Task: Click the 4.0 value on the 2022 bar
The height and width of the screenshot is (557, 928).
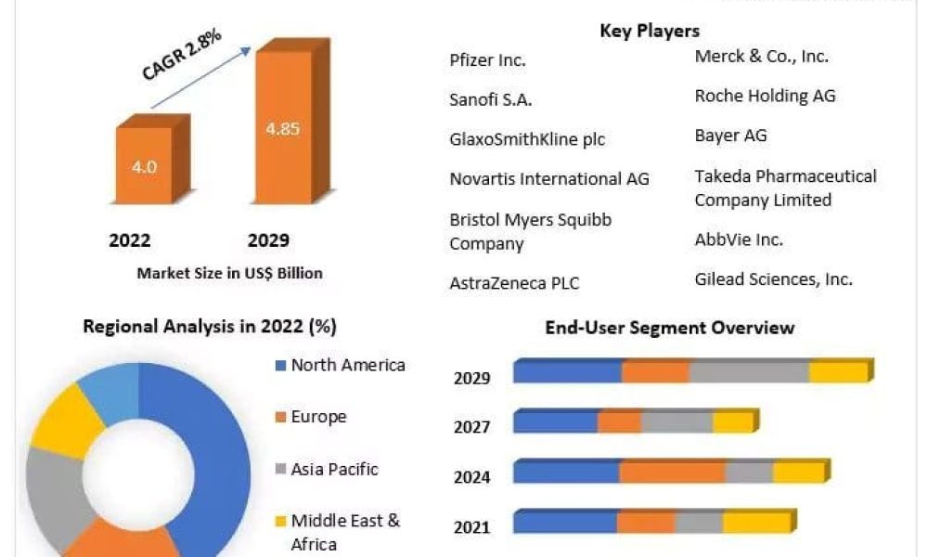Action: tap(145, 167)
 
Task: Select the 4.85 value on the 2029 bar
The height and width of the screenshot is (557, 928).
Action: tap(283, 128)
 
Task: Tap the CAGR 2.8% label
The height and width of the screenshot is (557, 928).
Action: tap(182, 54)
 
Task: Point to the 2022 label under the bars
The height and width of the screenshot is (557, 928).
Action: tap(130, 240)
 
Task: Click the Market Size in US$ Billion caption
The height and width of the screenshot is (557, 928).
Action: tap(229, 273)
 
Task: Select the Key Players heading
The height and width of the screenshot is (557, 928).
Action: tap(650, 31)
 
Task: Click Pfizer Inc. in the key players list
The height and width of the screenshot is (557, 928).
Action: tap(487, 59)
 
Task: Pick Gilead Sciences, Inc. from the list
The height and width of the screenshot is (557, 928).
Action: tap(774, 278)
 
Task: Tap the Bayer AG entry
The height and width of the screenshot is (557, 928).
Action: tap(730, 136)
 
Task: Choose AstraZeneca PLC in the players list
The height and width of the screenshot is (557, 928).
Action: tap(514, 283)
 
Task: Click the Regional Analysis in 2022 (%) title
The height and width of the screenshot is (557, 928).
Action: tap(210, 326)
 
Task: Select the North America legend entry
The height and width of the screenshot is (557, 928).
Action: tap(341, 365)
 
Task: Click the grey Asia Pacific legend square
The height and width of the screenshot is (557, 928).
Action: tap(280, 469)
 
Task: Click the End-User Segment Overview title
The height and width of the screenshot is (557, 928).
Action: tap(669, 328)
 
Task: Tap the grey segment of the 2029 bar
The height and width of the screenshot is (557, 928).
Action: tap(749, 371)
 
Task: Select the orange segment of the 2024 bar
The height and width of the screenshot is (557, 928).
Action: tap(672, 472)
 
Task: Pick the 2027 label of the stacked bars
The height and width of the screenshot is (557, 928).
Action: tap(471, 427)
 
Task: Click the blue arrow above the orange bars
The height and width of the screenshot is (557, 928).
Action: tap(201, 78)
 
